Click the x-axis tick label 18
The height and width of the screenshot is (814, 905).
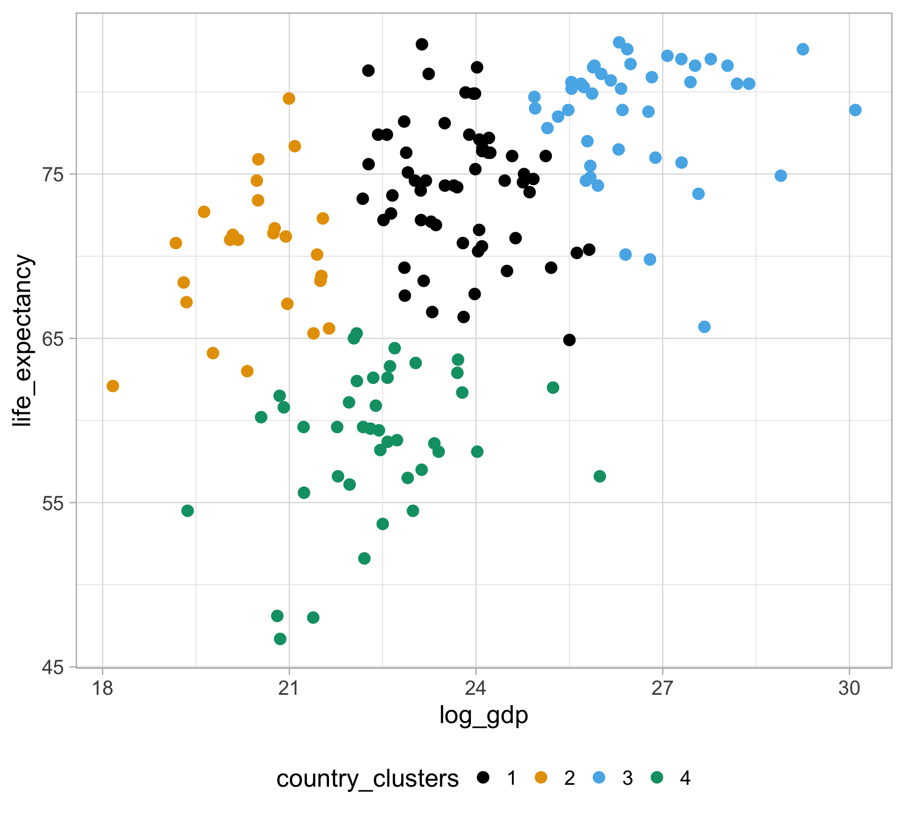(102, 689)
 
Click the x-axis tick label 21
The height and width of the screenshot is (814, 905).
(289, 689)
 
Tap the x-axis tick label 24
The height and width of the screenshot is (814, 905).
(476, 689)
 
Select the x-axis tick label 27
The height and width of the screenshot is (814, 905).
(662, 689)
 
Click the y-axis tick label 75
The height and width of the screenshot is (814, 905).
(53, 175)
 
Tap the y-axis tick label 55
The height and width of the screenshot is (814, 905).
(53, 503)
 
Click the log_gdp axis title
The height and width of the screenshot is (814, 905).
(484, 715)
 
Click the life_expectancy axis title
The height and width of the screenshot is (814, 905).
(23, 340)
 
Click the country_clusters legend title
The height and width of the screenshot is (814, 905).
(367, 778)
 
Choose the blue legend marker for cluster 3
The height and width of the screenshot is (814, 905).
(599, 777)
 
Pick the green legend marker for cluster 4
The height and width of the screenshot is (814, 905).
(657, 777)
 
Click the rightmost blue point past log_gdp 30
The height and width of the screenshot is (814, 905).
(855, 110)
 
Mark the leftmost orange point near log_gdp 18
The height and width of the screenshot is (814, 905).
(113, 386)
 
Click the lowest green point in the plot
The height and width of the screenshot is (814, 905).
(280, 639)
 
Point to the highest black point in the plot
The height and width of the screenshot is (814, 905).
(422, 44)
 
